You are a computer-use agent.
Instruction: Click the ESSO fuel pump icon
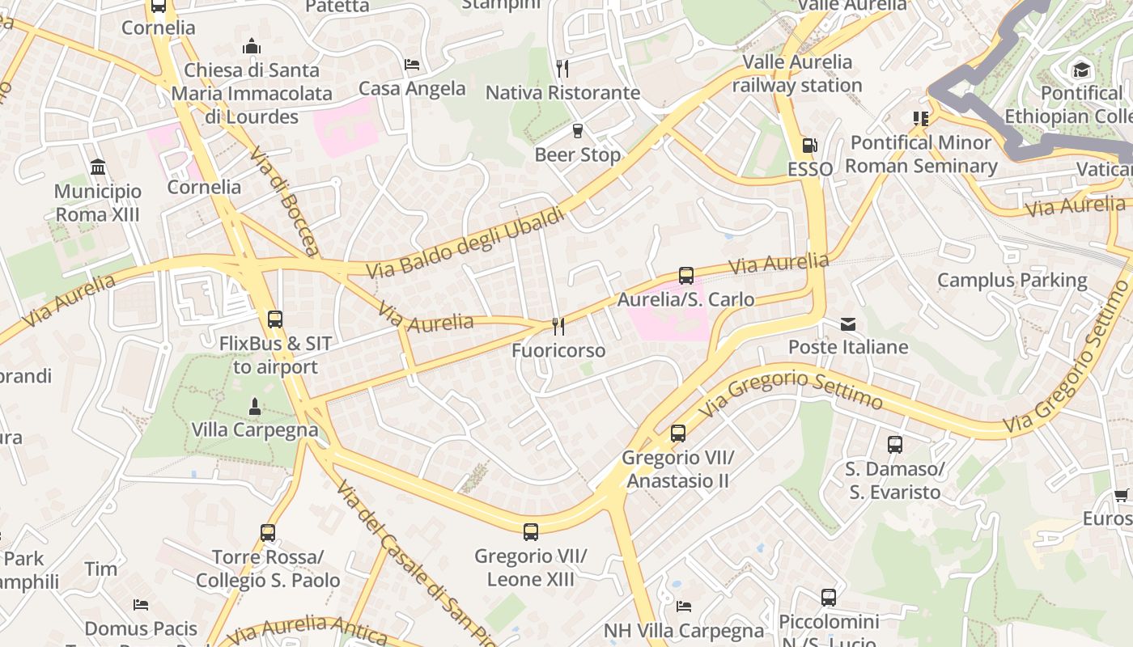808,146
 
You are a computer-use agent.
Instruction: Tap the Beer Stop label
577,154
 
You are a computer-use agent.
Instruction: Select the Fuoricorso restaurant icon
558,326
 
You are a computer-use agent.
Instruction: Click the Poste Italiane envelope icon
848,324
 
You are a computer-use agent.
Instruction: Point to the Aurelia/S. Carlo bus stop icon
686,276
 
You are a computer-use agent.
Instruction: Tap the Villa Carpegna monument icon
255,406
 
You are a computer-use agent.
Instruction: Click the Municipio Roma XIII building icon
98,167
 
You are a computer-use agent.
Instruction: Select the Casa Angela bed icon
412,65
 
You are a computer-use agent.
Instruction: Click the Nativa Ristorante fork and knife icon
562,68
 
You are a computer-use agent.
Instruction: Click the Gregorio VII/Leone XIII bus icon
531,532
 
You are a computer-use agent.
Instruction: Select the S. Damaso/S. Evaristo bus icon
894,445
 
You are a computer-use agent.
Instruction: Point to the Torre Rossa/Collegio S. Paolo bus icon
268,533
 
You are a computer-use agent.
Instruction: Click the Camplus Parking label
1012,281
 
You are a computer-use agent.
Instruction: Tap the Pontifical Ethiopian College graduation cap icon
1081,70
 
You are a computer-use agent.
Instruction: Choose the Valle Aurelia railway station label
797,74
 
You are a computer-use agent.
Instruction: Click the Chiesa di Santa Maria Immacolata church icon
252,46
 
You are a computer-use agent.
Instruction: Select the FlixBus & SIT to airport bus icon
275,319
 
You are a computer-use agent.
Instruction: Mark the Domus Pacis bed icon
141,605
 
